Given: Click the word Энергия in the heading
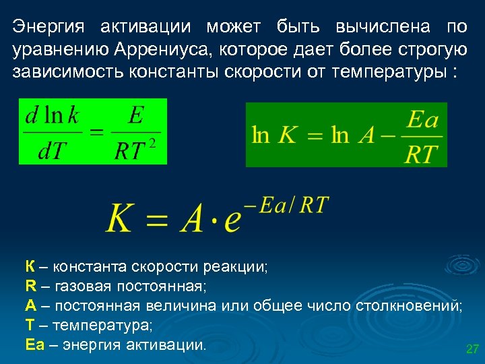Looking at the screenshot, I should pyautogui.click(x=48, y=28).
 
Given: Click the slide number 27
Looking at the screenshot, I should pyautogui.click(x=472, y=349).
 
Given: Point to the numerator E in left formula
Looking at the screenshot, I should pyautogui.click(x=135, y=115).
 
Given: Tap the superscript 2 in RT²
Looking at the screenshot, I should pyautogui.click(x=153, y=142).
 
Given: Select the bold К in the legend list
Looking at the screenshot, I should pyautogui.click(x=30, y=266).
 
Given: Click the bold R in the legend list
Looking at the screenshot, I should pyautogui.click(x=30, y=286).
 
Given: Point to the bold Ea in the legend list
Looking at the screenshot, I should pyautogui.click(x=34, y=345).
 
